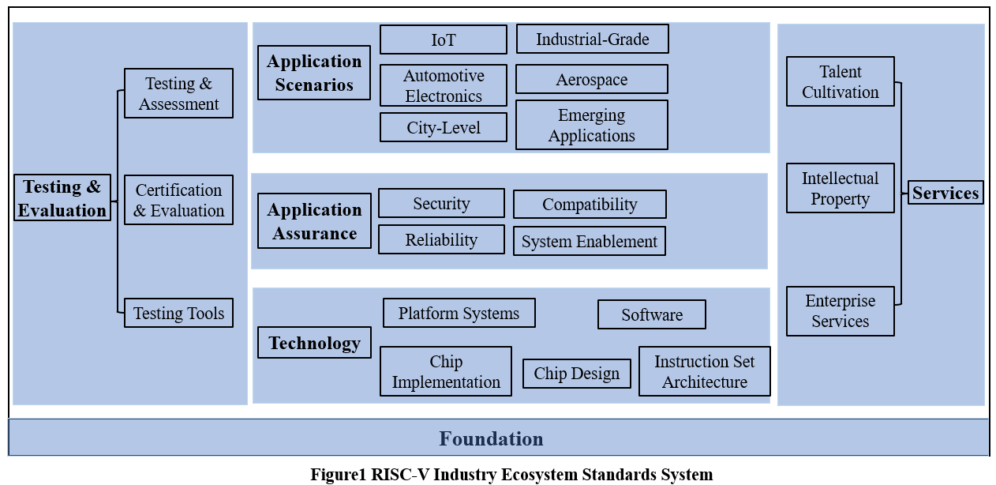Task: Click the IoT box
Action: point(443,39)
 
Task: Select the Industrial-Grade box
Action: point(592,39)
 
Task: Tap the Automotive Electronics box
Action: point(443,85)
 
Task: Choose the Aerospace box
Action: point(591,79)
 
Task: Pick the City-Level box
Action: point(443,127)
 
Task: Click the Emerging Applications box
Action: point(591,125)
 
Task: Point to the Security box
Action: point(441,203)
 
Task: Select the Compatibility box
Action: point(590,204)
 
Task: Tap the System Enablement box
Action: point(589,241)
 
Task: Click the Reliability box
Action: point(441,239)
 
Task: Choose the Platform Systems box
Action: point(459,313)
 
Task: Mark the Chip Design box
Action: point(576,374)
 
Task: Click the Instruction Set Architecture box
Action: point(704,371)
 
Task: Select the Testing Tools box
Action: point(178,313)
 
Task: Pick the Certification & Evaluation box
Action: point(178,200)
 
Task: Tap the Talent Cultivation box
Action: point(840,81)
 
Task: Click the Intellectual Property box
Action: point(840,188)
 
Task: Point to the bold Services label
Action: point(945,193)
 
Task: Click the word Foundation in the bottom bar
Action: point(491,438)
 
